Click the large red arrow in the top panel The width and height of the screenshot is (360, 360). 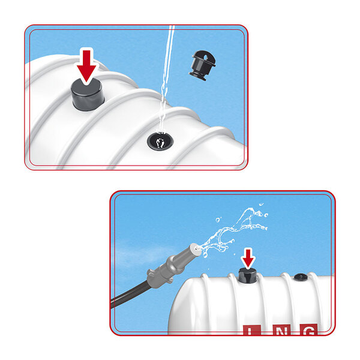click(86, 65)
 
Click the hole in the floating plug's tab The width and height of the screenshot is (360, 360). click(205, 57)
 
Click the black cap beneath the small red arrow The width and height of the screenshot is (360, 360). click(247, 275)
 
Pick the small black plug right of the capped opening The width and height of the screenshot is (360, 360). click(301, 277)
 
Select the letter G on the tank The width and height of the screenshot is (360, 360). click(309, 329)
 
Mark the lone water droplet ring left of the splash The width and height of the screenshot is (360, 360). click(218, 220)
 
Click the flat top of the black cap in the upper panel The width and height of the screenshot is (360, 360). click(86, 86)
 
